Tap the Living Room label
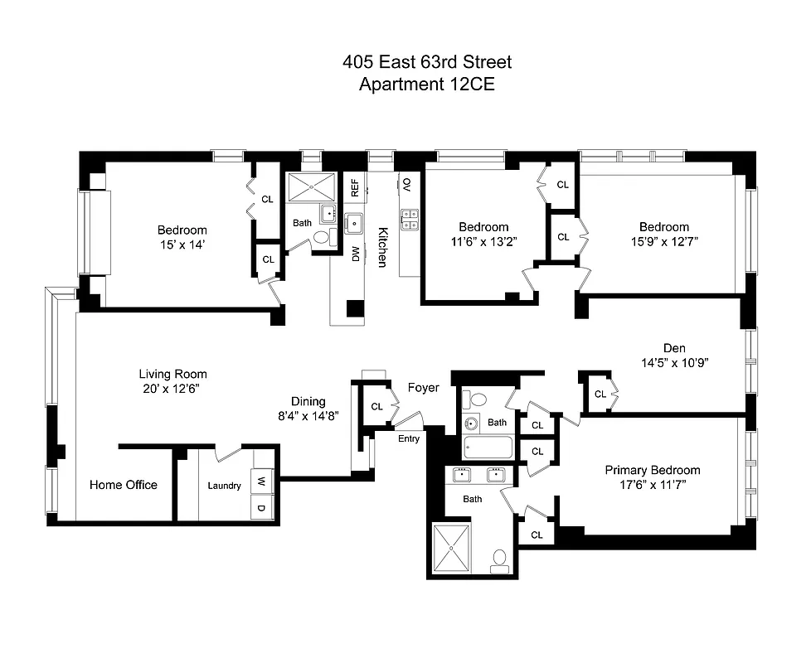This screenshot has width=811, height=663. point(172,374)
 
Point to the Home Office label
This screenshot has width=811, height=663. point(124,485)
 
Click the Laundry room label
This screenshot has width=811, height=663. point(224,486)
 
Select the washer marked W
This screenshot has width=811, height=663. point(261,481)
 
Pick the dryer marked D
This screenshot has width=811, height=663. point(261,507)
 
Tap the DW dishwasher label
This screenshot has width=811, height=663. point(355,254)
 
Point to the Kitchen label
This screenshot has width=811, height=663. point(382,247)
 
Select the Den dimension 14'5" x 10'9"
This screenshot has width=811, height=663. point(674,362)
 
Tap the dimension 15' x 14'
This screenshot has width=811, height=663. point(182,244)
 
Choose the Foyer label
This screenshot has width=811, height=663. point(423,388)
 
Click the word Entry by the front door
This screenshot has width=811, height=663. point(409,438)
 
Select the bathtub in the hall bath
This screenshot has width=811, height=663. point(489,448)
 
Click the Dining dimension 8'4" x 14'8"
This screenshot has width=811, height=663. point(308,416)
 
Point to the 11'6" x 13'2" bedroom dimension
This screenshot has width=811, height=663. point(483,241)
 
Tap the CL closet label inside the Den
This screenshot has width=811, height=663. point(600,394)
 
